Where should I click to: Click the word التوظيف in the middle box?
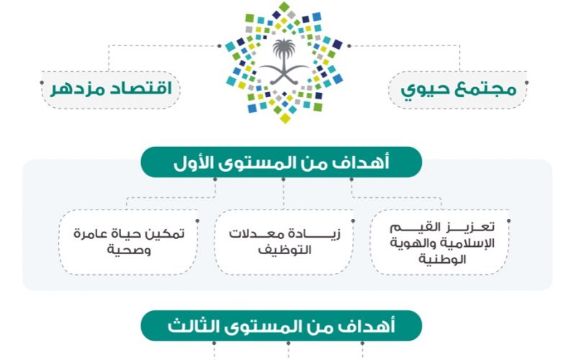[284, 250]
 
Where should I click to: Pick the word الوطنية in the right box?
[442, 259]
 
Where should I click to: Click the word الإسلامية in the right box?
[466, 243]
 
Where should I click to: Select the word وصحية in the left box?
[129, 250]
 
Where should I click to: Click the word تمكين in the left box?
[166, 233]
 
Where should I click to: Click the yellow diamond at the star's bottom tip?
[285, 117]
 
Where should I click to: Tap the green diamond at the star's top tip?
[284, 7]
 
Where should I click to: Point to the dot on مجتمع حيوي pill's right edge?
[527, 83]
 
